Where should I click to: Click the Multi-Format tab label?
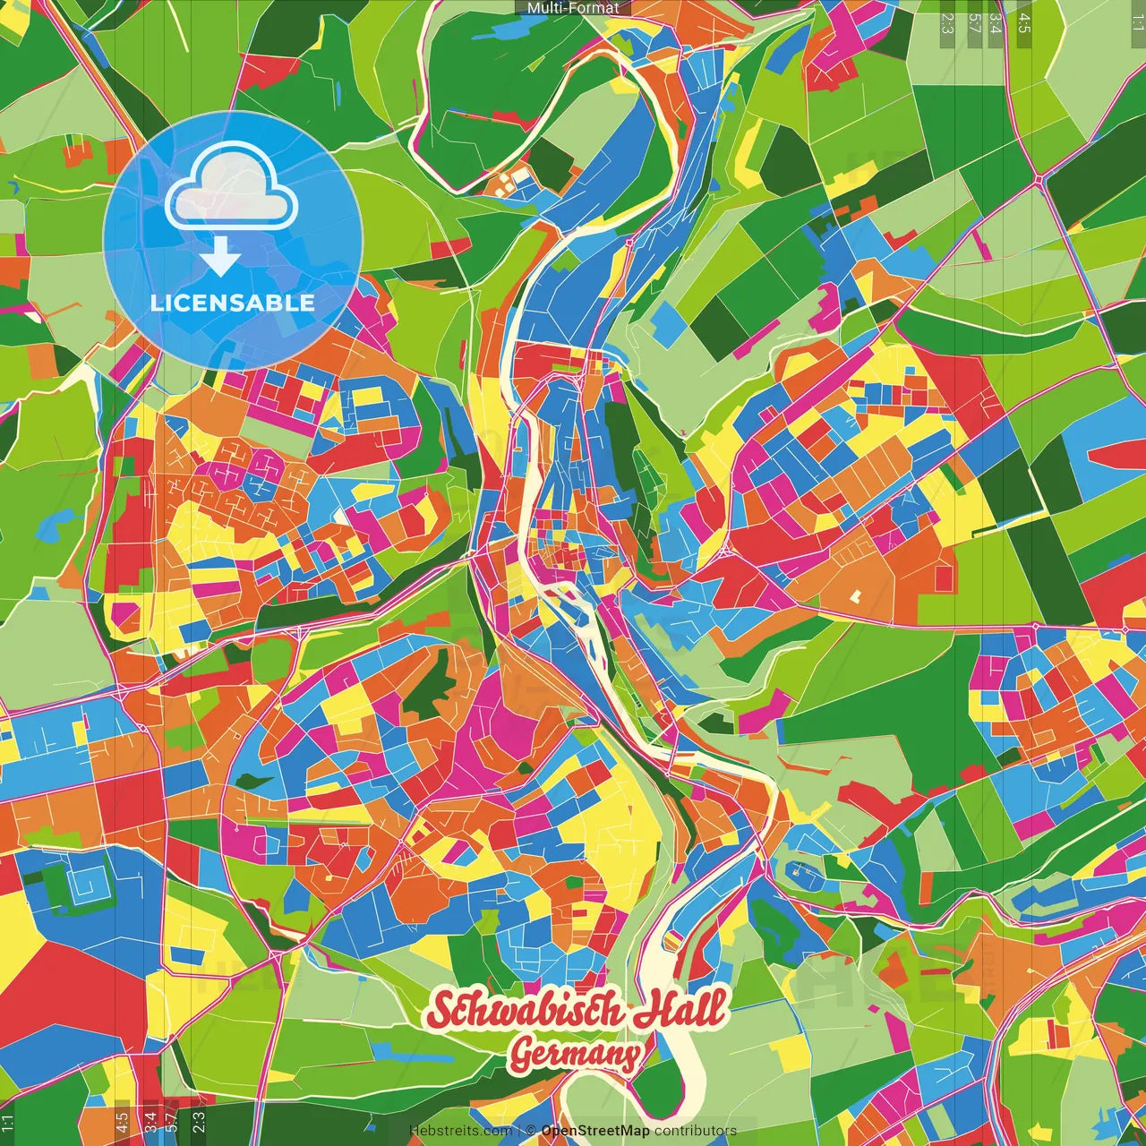573,8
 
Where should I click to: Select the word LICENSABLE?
233,303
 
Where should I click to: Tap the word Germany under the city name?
575,1056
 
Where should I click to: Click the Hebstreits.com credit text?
460,1131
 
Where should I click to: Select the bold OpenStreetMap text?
595,1131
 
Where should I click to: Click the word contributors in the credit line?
696,1131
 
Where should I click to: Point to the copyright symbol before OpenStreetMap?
531,1131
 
